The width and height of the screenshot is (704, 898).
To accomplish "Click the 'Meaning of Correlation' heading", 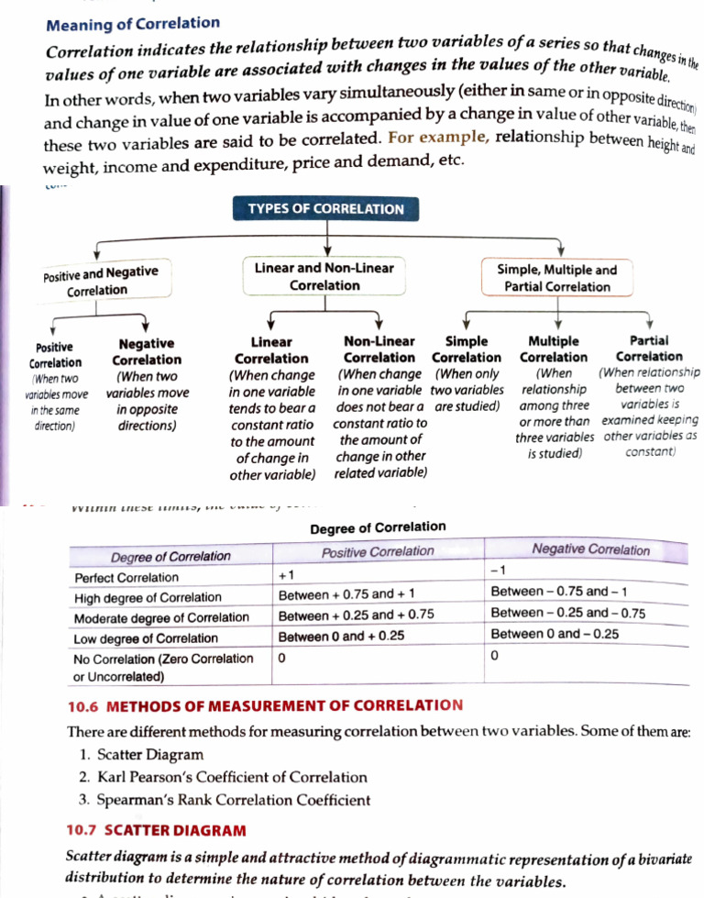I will (133, 23).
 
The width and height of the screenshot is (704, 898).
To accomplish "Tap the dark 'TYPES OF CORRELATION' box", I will (325, 209).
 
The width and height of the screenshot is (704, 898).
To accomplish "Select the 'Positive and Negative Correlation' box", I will (102, 281).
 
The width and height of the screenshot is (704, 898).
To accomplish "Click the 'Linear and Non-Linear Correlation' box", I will (324, 276).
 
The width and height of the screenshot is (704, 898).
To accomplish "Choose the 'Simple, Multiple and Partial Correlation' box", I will (556, 278).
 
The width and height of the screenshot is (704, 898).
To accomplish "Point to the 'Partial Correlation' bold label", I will (649, 348).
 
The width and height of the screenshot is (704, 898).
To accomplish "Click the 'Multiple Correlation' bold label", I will (554, 349).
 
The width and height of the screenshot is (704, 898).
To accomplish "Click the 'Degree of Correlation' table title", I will (378, 527).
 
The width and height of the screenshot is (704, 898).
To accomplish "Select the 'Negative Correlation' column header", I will (590, 550).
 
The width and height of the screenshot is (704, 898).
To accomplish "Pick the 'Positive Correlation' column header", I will (378, 551).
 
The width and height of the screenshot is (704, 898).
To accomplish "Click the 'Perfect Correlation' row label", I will (126, 577).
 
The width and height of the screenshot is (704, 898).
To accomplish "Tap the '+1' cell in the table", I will (285, 576).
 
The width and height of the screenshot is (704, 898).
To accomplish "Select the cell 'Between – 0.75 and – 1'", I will (559, 592).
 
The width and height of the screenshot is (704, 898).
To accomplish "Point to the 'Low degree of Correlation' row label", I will (146, 637).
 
